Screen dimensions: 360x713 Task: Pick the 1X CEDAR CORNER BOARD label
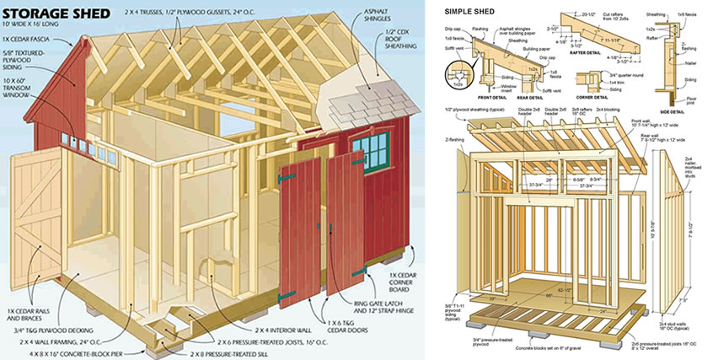click(x=392, y=281)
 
